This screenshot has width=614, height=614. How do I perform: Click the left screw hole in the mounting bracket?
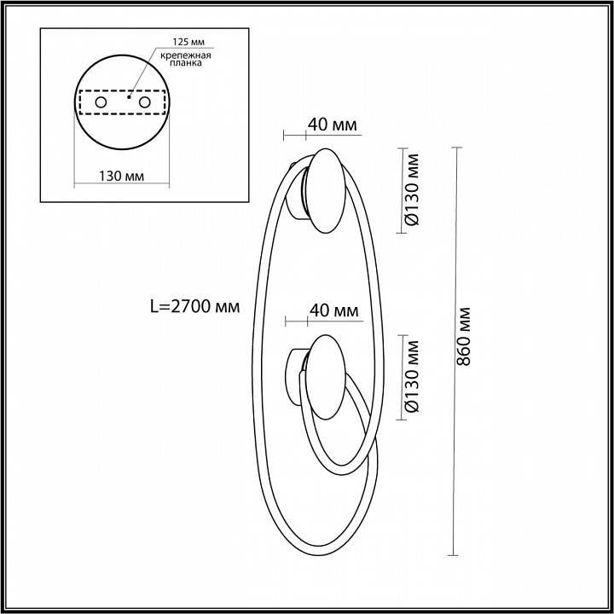coord(101,103)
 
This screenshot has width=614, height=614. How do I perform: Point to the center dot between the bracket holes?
coord(129,97)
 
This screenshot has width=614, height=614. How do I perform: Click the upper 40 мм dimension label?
coord(332,125)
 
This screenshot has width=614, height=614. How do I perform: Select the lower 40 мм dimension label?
coord(333,310)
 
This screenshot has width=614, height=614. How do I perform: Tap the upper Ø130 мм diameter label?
coord(413,189)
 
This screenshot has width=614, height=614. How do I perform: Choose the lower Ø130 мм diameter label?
coord(413,376)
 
